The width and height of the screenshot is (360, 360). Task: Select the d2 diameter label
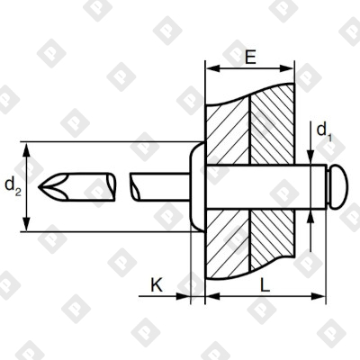[x=12, y=185]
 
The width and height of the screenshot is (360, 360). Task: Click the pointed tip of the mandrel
[x=46, y=186]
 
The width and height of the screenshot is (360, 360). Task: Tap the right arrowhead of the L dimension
[x=317, y=294]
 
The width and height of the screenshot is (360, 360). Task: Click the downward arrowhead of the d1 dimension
[x=312, y=161]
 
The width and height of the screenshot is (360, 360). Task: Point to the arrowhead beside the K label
[x=187, y=294]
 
